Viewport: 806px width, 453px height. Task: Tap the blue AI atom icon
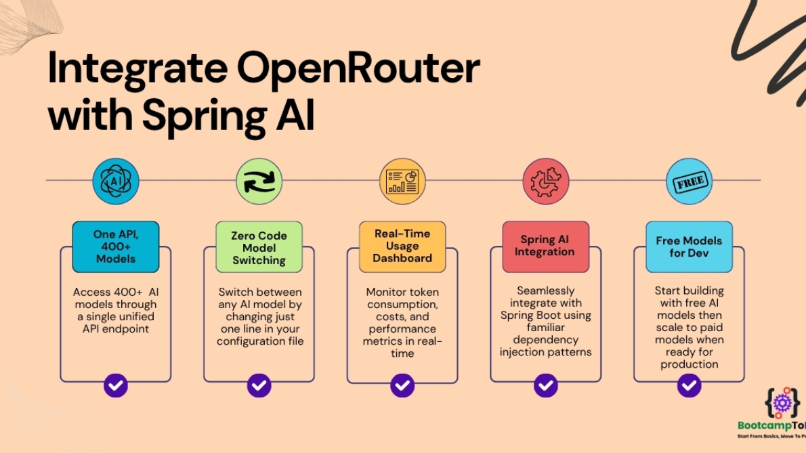pos(116,181)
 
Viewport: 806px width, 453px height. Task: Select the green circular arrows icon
pos(259,181)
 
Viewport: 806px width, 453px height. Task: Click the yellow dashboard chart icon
pos(402,181)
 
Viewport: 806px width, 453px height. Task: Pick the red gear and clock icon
pos(545,181)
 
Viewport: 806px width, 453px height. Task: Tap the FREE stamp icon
pos(689,181)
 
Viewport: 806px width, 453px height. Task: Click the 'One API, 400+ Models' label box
pos(116,247)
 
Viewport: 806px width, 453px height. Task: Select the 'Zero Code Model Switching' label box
pos(259,247)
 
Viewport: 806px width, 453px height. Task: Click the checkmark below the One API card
pos(116,385)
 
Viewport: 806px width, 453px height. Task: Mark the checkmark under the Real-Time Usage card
pos(402,385)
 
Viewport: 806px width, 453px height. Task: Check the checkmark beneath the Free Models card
pos(689,385)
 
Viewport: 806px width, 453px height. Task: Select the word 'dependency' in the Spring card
pos(545,340)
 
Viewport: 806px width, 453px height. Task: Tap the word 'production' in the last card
pos(689,364)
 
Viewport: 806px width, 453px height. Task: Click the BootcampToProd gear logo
pos(782,404)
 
